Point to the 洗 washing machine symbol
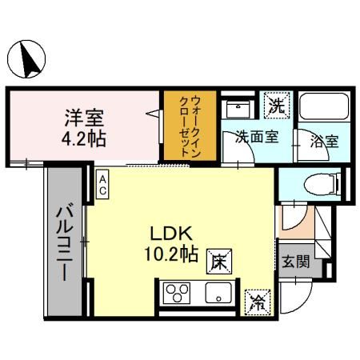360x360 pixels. [x=276, y=105]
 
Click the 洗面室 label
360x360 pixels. [x=256, y=137]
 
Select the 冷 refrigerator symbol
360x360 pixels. [x=258, y=301]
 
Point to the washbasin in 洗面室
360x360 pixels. [x=237, y=106]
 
